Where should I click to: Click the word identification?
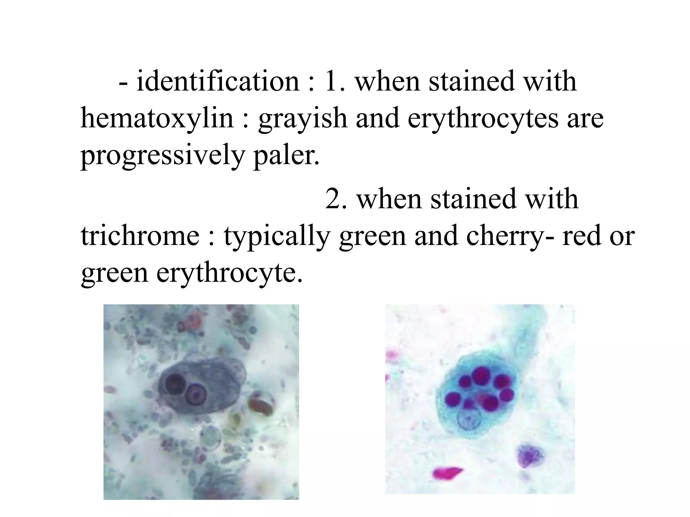(x=218, y=82)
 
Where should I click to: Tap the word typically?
(x=277, y=236)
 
